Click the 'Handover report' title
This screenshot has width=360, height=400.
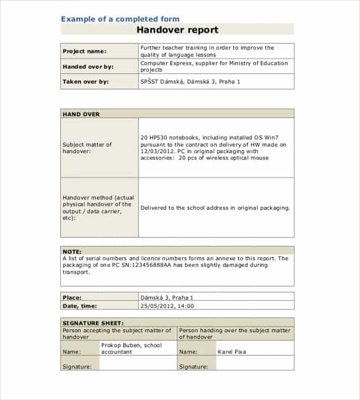pyautogui.click(x=177, y=30)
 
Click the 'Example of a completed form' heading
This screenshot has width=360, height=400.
pyautogui.click(x=120, y=19)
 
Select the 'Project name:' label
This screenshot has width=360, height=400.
pyautogui.click(x=84, y=51)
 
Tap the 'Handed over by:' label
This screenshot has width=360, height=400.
pyautogui.click(x=88, y=66)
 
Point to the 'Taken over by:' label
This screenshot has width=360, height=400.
pyautogui.click(x=86, y=81)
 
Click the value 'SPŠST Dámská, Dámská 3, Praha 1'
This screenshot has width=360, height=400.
pyautogui.click(x=190, y=81)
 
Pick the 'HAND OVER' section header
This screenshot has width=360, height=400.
pyautogui.click(x=81, y=114)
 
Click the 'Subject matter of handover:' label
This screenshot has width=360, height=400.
pyautogui.click(x=87, y=148)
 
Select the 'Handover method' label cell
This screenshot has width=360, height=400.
pyautogui.click(x=98, y=208)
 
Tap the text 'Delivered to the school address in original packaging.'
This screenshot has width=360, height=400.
pyautogui.click(x=215, y=208)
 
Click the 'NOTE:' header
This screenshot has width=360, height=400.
pyautogui.click(x=73, y=251)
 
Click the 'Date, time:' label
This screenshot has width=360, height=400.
pyautogui.click(x=80, y=305)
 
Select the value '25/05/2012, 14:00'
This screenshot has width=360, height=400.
pyautogui.click(x=167, y=305)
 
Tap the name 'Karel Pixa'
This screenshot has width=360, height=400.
pyautogui.click(x=232, y=352)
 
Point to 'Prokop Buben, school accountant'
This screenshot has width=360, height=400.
pyautogui.click(x=131, y=348)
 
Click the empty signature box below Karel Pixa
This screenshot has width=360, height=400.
pyautogui.click(x=255, y=366)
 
